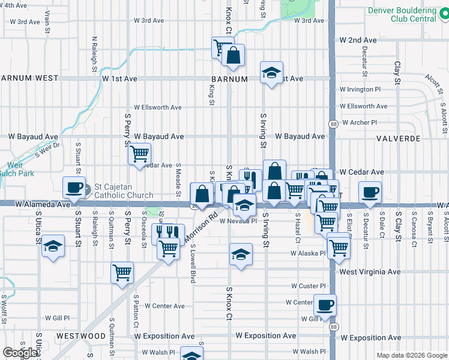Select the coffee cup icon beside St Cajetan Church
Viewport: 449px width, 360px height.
click(74, 188)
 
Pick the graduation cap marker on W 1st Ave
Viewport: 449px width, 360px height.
click(271, 73)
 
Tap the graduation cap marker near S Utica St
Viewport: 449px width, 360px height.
click(53, 246)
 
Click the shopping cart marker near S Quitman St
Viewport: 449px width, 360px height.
click(122, 272)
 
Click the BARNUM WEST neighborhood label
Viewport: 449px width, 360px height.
click(29, 78)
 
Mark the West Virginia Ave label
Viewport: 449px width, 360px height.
click(370, 272)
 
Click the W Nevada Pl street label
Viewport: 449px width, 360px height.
click(238, 221)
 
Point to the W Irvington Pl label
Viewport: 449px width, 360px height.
click(360, 89)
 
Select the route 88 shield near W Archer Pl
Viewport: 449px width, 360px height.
click(333, 124)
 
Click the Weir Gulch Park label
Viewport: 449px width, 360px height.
click(17, 169)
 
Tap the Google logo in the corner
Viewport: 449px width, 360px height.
click(20, 353)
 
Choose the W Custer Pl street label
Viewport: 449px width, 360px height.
click(309, 286)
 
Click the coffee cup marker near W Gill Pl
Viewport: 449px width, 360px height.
click(325, 304)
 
